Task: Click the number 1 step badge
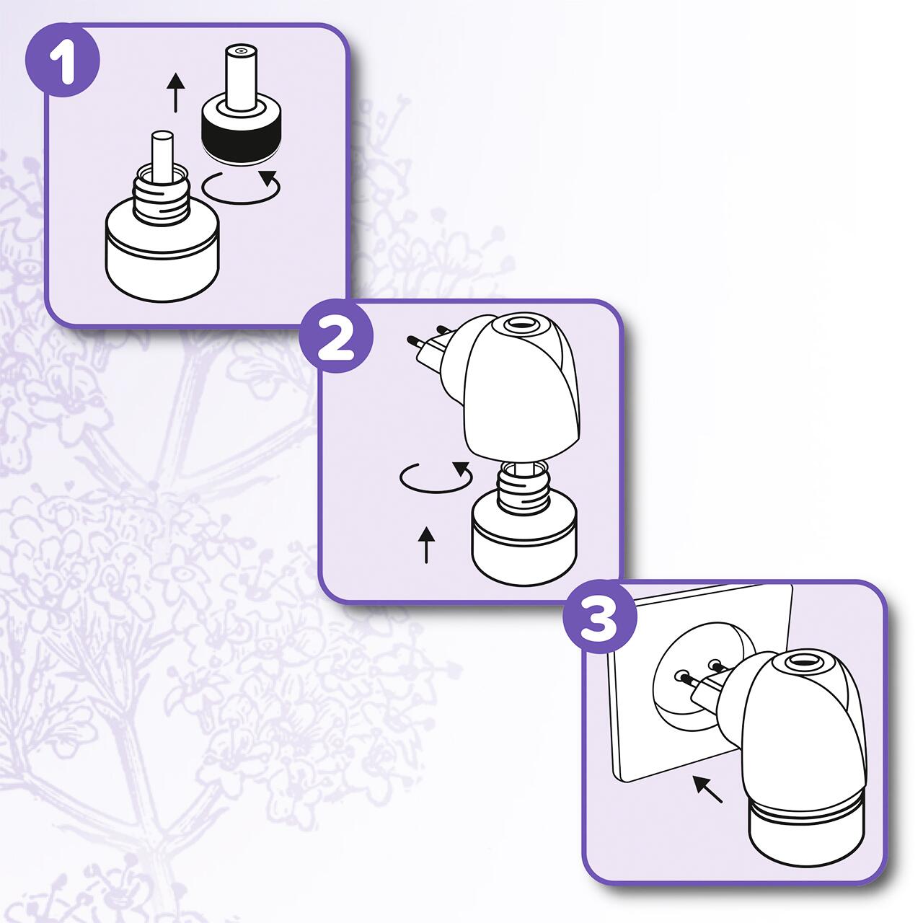pos(63,61)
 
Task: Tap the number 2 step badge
pos(336,337)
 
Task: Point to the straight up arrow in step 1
pos(176,93)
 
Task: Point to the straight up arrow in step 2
pos(426,544)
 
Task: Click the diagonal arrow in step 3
pos(708,787)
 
